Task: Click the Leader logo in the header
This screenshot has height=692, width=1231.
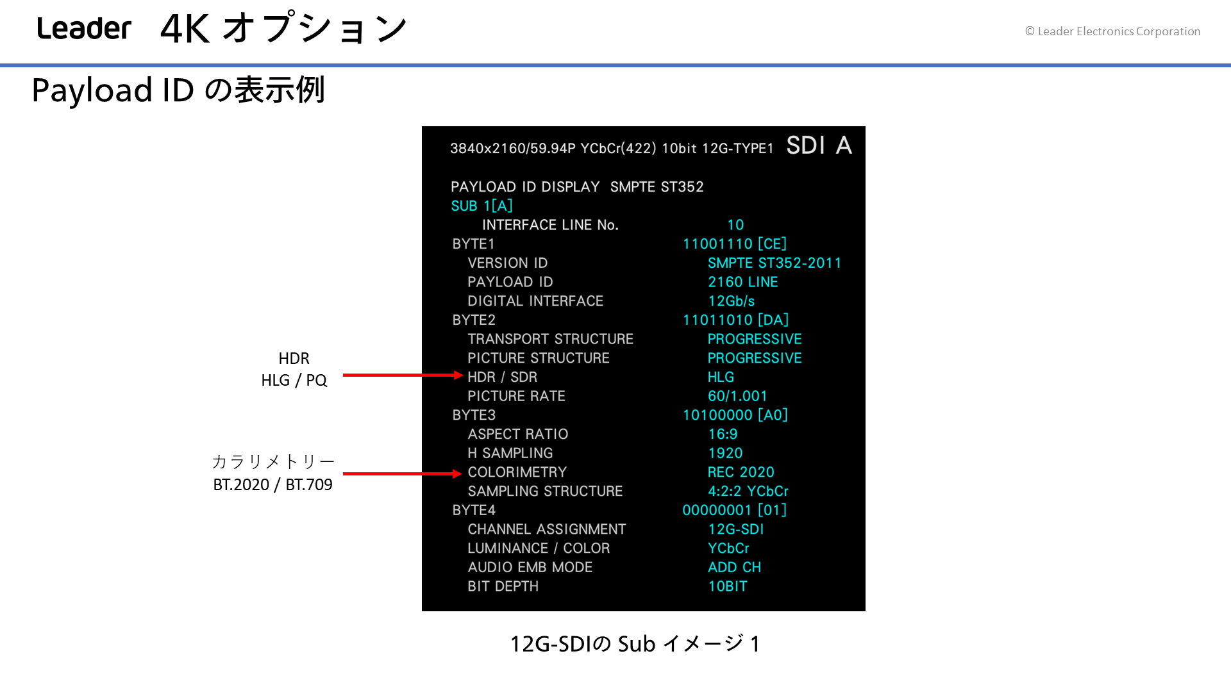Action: pos(84,29)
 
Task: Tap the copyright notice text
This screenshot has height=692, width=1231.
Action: pos(1112,31)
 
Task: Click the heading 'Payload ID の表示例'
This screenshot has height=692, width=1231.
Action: pos(178,90)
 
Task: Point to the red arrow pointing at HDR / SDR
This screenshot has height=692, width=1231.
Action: pos(403,375)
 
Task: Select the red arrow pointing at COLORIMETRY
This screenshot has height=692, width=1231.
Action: pos(403,474)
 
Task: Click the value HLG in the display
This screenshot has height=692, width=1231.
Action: pos(721,377)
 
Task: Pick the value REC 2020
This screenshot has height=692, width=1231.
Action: pos(741,472)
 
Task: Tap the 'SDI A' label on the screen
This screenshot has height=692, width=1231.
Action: pos(819,145)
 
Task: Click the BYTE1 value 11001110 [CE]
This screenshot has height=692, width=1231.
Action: pos(734,244)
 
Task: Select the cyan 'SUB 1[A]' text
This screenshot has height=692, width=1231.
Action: pos(482,206)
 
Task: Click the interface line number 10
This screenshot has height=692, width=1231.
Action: pos(735,225)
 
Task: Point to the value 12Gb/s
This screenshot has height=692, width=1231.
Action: pos(731,301)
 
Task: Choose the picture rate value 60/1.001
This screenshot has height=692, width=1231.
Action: pos(737,397)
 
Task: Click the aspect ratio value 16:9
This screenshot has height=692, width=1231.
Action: pos(723,434)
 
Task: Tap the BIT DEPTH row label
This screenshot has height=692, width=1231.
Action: pos(503,586)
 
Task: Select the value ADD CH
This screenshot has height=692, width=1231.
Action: pos(734,568)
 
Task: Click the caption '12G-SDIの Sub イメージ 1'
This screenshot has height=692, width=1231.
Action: pos(635,644)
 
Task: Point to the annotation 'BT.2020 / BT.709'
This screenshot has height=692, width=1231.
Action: pos(272,485)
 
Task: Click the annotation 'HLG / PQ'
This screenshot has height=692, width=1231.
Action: pos(294,381)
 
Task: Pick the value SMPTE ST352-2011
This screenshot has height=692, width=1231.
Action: pos(775,263)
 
